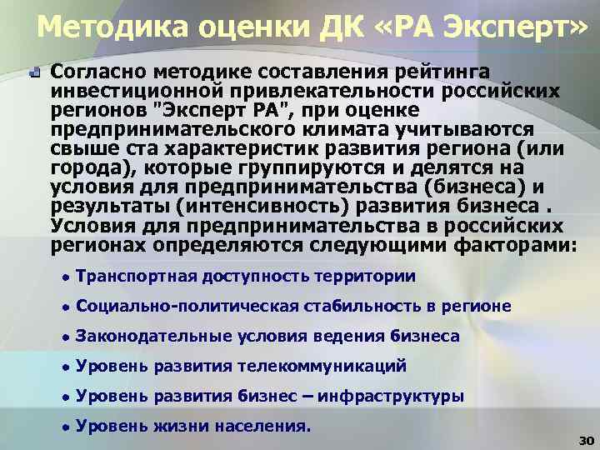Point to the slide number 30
tap(583, 439)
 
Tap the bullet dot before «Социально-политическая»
tap(64, 307)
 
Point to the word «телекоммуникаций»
tap(322, 366)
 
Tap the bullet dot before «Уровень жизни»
tap(64, 427)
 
